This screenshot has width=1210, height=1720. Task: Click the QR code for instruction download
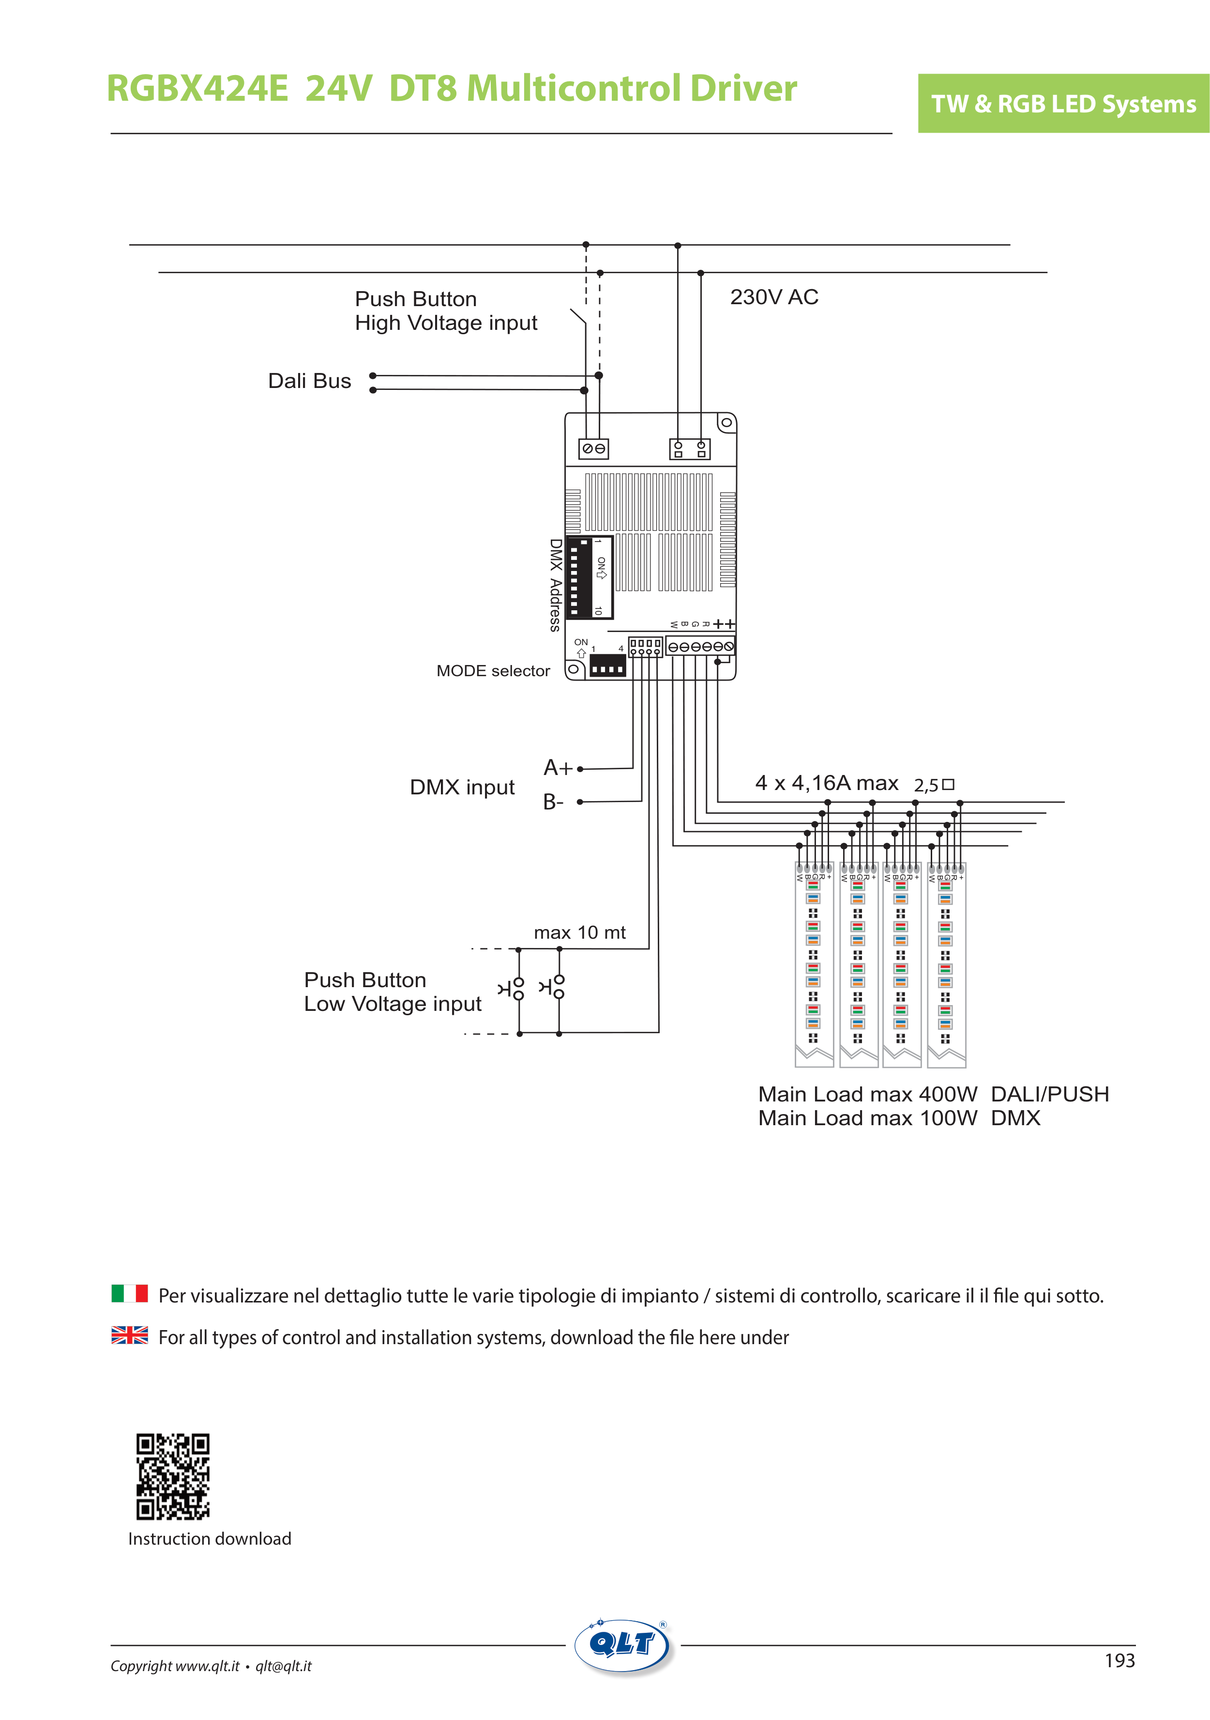tap(172, 1476)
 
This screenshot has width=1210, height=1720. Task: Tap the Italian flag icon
tap(130, 1294)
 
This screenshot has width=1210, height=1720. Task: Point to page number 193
tap(1119, 1661)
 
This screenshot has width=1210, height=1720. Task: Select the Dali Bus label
tap(309, 381)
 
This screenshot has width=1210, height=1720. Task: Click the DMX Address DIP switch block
tap(590, 577)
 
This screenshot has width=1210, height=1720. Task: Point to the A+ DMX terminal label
tap(558, 768)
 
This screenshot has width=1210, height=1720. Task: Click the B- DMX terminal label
tap(553, 802)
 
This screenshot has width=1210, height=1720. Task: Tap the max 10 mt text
tap(579, 933)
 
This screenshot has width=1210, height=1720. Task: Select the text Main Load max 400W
tap(867, 1095)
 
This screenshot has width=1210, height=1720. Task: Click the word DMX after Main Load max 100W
tap(1015, 1118)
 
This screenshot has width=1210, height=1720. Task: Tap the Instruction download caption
tap(210, 1539)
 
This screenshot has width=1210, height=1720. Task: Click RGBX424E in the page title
tap(197, 88)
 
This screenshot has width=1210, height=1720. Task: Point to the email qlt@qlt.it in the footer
tap(283, 1666)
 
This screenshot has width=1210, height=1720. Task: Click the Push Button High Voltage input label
tap(445, 311)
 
